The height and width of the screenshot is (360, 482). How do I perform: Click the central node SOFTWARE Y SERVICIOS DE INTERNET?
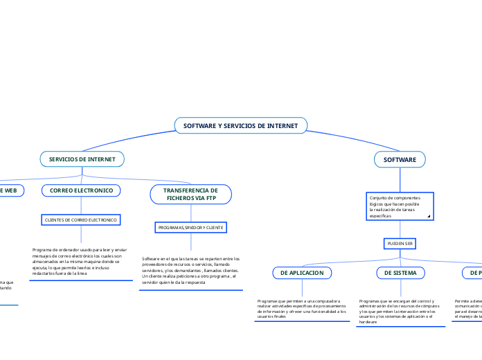(x=240, y=126)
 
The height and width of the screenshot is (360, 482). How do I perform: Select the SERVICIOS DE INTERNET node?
(x=82, y=159)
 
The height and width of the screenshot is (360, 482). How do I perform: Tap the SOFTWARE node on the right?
(x=400, y=159)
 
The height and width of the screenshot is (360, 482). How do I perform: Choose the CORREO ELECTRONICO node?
(x=82, y=190)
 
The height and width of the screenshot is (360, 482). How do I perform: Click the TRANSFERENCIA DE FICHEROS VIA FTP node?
(x=190, y=194)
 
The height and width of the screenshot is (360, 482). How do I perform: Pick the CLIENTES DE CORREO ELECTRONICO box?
(x=82, y=219)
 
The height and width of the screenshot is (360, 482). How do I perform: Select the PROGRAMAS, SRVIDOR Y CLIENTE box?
(x=190, y=227)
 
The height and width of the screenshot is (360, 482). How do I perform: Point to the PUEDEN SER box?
(x=400, y=244)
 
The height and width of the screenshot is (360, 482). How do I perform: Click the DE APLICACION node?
(x=301, y=273)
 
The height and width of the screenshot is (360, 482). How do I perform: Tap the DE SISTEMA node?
(x=400, y=273)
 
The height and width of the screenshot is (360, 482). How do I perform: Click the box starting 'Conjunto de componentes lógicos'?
(x=400, y=206)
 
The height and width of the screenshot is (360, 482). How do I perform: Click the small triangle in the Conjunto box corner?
(x=429, y=217)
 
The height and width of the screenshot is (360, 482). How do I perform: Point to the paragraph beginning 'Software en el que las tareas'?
(x=190, y=270)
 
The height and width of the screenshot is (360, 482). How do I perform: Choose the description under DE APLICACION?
(x=301, y=309)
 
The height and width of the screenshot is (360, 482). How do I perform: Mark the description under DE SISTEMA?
(x=400, y=312)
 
